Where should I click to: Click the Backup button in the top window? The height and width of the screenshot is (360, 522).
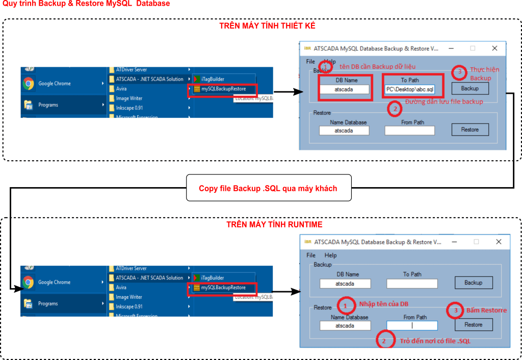coord(469,88)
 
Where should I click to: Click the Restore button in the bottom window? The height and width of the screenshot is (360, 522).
coord(473,325)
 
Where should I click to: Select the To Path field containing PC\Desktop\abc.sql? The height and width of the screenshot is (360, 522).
coord(410,90)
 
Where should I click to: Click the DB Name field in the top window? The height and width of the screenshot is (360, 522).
coord(344,90)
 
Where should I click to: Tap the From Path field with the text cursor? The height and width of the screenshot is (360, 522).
coord(412,325)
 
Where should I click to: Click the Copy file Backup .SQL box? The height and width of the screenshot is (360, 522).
coord(268,189)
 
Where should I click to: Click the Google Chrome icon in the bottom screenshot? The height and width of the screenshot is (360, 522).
coord(28,282)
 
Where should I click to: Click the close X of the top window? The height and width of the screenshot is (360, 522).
coord(494,48)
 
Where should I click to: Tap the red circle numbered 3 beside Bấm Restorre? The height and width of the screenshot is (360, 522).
coord(455,311)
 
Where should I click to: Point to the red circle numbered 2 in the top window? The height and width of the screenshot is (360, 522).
coord(394,108)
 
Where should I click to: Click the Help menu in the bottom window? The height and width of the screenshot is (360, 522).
coord(330,255)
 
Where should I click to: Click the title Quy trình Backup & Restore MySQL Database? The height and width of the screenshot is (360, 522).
coord(86,4)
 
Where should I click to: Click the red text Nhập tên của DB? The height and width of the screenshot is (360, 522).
coord(383,304)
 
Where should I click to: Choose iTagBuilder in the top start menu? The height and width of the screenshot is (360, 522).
coord(212,79)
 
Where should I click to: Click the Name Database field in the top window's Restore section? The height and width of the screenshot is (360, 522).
coord(344,131)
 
